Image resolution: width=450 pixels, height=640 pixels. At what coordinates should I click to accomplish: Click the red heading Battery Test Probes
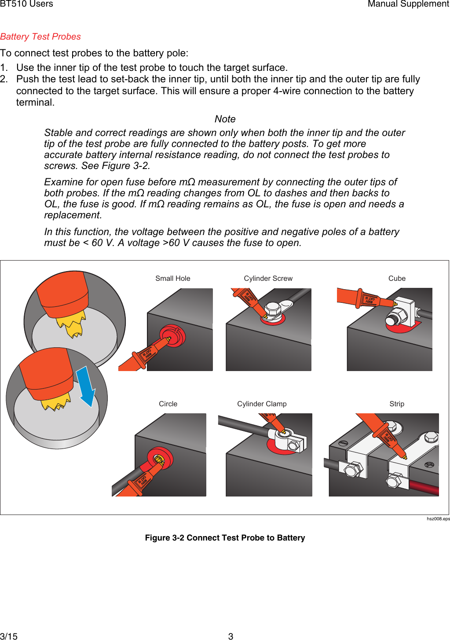[x=40, y=37]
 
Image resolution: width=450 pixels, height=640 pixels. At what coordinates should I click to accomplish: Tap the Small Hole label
[x=173, y=278]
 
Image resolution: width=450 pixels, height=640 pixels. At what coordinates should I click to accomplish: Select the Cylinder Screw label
[x=268, y=278]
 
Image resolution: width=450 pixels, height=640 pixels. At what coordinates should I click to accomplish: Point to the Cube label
[x=397, y=278]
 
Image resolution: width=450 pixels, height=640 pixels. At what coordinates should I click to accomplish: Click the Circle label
[x=168, y=404]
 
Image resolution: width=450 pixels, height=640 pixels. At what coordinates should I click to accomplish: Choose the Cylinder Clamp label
[x=262, y=404]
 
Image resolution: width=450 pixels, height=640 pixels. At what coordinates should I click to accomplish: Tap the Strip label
[x=397, y=404]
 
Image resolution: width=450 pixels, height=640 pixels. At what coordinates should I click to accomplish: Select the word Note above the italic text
[x=225, y=119]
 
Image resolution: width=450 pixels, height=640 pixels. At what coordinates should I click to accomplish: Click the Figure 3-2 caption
[x=225, y=537]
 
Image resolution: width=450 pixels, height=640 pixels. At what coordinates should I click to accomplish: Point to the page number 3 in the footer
[x=230, y=636]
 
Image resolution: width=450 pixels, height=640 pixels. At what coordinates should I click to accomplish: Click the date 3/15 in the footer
[x=9, y=636]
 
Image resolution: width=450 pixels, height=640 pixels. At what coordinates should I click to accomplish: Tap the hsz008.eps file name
[x=438, y=519]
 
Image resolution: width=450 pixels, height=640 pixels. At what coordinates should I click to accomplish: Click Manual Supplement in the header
[x=408, y=4]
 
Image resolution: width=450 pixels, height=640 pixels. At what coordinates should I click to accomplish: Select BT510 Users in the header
[x=26, y=4]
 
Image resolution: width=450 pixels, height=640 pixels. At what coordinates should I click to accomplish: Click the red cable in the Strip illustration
[x=424, y=487]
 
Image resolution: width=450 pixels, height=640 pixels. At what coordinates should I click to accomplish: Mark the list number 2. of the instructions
[x=4, y=79]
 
